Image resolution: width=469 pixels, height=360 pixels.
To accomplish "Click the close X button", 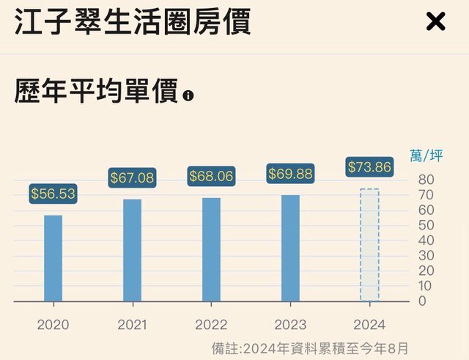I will (x=435, y=22).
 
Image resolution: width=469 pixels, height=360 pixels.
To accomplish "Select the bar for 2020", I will (x=53, y=258).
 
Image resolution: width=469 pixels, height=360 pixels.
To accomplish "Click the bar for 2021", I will (x=133, y=250).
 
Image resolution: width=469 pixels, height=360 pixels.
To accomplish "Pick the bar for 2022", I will (x=211, y=249).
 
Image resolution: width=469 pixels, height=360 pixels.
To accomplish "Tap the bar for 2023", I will (x=290, y=248).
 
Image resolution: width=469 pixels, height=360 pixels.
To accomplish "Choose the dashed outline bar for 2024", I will (x=369, y=245).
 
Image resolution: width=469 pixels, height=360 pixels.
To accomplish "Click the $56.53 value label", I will (x=53, y=194).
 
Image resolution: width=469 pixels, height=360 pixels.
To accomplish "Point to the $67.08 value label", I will (x=133, y=177).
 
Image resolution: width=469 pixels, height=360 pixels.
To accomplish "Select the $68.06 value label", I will (x=211, y=176).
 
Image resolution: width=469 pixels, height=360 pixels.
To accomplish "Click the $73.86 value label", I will (x=369, y=167).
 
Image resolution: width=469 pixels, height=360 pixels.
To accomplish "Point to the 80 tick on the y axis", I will (x=426, y=180).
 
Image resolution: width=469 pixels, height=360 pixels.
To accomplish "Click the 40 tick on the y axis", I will (x=426, y=240).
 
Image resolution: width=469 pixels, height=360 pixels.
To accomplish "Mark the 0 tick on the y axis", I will (x=423, y=301).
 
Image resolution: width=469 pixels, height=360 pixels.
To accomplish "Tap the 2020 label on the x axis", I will (x=53, y=324).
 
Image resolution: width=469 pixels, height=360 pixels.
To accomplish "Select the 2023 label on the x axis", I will (x=290, y=324).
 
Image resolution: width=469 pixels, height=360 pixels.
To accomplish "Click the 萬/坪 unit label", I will (x=426, y=155).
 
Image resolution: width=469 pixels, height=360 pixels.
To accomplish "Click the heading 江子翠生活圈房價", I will (x=133, y=22).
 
